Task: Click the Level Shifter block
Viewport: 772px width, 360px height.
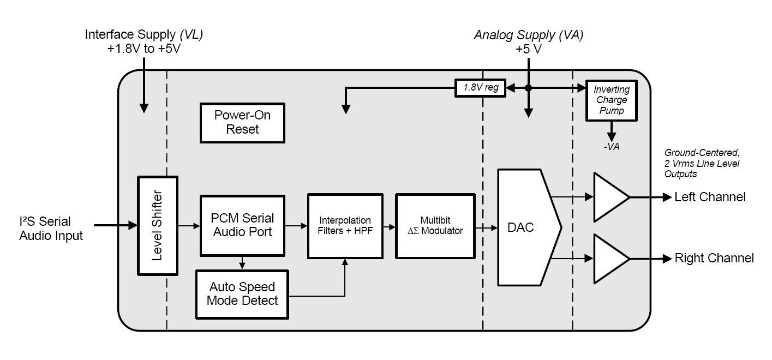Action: (158, 226)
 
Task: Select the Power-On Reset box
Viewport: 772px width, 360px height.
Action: (243, 122)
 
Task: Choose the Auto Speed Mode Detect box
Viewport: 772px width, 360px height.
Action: (242, 293)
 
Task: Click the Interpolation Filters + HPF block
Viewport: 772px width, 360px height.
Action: (345, 225)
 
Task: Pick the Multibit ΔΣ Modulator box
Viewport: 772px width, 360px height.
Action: (435, 225)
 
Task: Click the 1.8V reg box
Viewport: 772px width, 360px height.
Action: (480, 88)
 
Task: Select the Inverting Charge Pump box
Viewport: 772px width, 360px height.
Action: (611, 100)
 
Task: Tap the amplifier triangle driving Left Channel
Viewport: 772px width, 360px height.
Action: (610, 196)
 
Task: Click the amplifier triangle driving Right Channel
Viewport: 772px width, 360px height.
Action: (610, 257)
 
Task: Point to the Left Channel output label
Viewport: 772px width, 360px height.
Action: (709, 197)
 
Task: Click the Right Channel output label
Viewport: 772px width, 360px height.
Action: (714, 258)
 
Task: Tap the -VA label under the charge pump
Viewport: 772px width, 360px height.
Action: (611, 147)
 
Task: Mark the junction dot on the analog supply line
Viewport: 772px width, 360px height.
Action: (528, 88)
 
